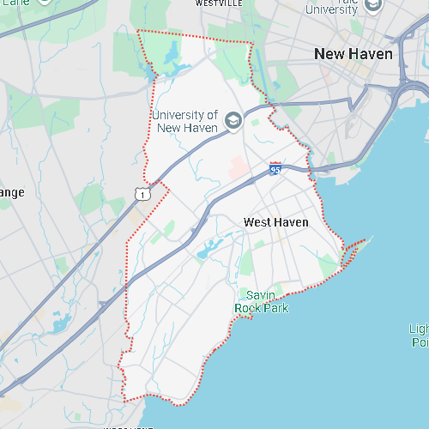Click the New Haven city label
point(353,54)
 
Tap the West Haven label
point(275,222)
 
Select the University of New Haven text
point(184,121)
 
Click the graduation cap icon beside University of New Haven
point(233,122)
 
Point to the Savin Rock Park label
point(262,302)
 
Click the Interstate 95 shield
point(275,168)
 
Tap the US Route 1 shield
point(143,195)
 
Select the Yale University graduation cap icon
point(372,5)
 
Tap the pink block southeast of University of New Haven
point(239,166)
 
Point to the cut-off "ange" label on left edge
point(12,192)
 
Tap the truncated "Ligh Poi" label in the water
point(419,335)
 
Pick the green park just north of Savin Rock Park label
point(248,262)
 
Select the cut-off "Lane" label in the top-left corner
point(12,3)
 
